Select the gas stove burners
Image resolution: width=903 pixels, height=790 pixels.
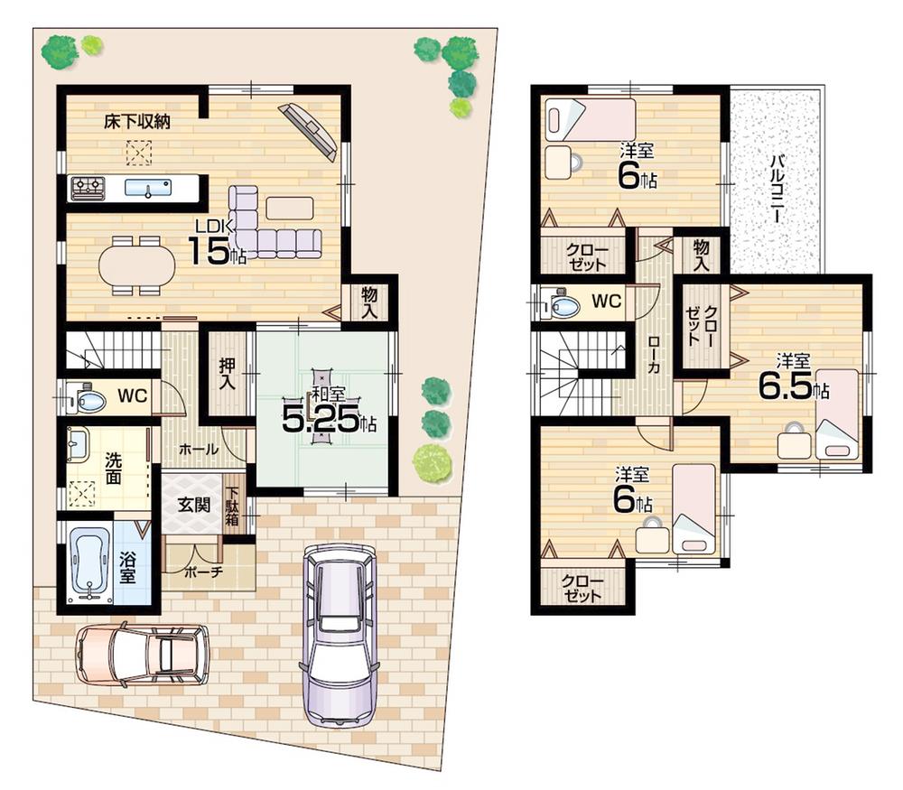[88, 187]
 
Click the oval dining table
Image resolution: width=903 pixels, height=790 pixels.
[137, 265]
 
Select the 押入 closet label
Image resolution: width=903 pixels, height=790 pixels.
[227, 374]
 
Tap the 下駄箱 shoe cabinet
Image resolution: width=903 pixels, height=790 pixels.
[233, 507]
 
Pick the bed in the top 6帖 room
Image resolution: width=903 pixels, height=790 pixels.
[589, 119]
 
